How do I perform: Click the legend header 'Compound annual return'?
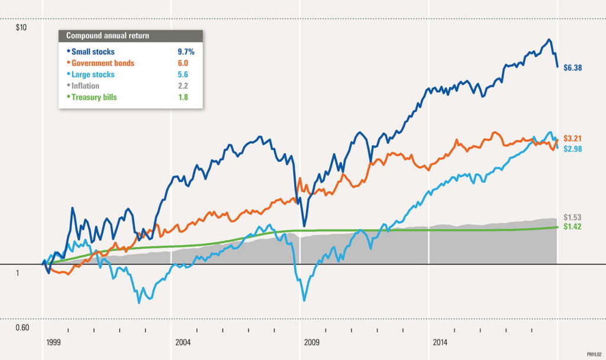pyautogui.click(x=108, y=36)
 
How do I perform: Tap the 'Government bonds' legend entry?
pyautogui.click(x=102, y=63)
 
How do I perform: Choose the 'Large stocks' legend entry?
pyautogui.click(x=93, y=75)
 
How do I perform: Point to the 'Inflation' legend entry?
pyautogui.click(x=86, y=86)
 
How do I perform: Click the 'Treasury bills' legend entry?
pyautogui.click(x=95, y=97)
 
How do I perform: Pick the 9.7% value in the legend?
pyautogui.click(x=186, y=52)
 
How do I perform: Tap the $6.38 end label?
pyautogui.click(x=573, y=68)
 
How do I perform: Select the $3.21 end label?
pyautogui.click(x=573, y=138)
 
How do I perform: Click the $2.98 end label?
pyautogui.click(x=573, y=149)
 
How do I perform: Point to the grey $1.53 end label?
pyautogui.click(x=573, y=217)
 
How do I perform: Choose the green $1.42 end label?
pyautogui.click(x=573, y=227)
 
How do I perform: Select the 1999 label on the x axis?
pyautogui.click(x=54, y=343)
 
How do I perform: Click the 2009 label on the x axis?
pyautogui.click(x=311, y=343)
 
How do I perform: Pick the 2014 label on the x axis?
pyautogui.click(x=440, y=343)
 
